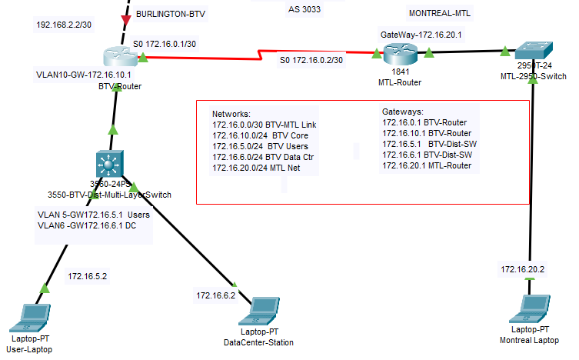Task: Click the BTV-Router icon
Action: point(118,55)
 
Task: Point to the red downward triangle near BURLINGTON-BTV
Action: point(126,17)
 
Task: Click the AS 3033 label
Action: point(304,10)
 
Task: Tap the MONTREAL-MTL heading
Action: point(440,13)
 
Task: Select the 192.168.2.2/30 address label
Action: point(64,25)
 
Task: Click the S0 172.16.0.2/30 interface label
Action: point(311,60)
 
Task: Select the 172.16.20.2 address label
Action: point(523,268)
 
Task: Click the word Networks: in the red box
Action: point(231,113)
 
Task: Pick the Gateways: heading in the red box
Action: point(403,112)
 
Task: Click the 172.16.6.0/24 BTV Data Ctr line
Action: point(261,156)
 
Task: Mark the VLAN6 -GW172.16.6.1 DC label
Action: point(87,226)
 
